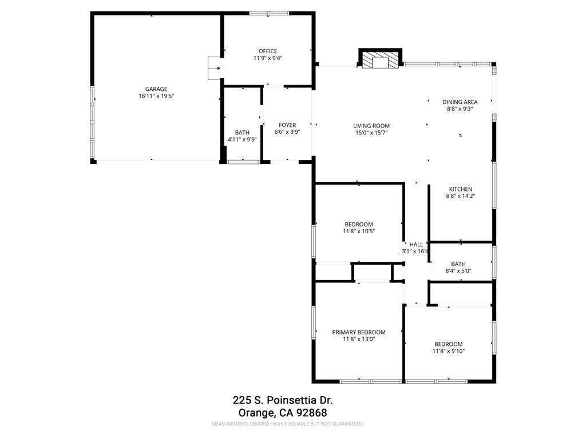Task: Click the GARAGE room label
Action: [x=156, y=89]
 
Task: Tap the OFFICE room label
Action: [x=268, y=51]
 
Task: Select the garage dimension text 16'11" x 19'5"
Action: [x=156, y=97]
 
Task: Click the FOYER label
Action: [x=287, y=125]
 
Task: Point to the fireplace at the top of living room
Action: [x=381, y=59]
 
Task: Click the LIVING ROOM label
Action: [x=371, y=126]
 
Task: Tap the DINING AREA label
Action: [x=460, y=102]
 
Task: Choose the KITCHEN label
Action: [x=460, y=189]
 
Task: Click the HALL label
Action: [x=416, y=244]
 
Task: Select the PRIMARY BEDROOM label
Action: [x=359, y=332]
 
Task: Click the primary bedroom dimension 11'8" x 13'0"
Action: [x=359, y=339]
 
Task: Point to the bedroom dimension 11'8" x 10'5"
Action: [x=359, y=232]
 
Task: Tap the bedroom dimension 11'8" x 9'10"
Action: [x=449, y=351]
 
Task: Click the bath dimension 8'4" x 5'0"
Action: [x=458, y=271]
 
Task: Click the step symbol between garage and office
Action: [x=215, y=67]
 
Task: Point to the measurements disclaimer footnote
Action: [x=287, y=424]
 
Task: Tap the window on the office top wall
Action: [x=269, y=13]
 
